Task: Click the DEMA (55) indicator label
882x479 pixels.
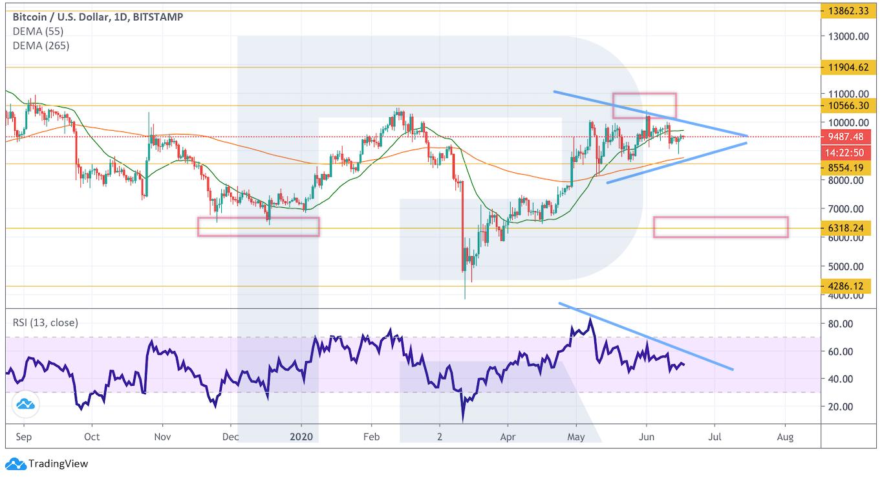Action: pyautogui.click(x=38, y=31)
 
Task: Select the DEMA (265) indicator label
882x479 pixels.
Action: pyautogui.click(x=41, y=45)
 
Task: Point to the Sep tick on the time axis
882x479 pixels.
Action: pyautogui.click(x=23, y=437)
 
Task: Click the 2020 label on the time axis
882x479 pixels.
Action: pyautogui.click(x=301, y=437)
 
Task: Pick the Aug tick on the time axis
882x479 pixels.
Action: pyautogui.click(x=785, y=437)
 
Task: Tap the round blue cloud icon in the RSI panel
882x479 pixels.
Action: pyautogui.click(x=26, y=405)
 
